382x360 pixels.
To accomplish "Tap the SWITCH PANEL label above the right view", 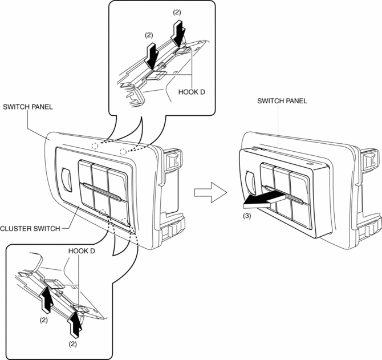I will tap(282, 100).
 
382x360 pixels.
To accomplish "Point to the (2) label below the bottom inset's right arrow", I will tap(73, 343).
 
